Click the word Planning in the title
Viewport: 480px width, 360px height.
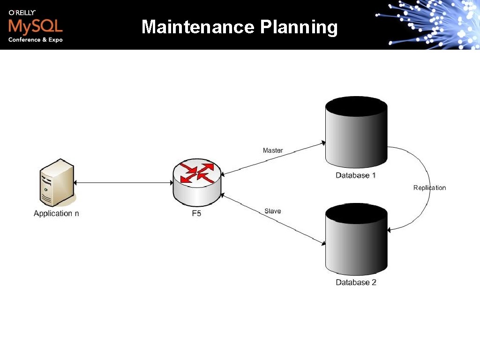[x=299, y=28]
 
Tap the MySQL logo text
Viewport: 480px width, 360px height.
[x=35, y=25]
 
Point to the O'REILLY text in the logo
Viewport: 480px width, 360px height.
[x=22, y=13]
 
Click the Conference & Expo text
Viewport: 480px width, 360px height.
[x=35, y=40]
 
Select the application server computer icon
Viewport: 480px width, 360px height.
[x=57, y=183]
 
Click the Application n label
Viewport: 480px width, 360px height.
[x=56, y=213]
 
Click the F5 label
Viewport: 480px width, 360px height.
[x=197, y=214]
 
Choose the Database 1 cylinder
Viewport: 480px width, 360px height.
[x=356, y=134]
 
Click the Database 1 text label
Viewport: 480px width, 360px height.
[x=356, y=175]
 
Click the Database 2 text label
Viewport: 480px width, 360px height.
[x=356, y=282]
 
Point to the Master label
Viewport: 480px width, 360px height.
[x=273, y=150]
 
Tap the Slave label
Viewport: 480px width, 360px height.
[x=272, y=211]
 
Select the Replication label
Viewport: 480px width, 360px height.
[x=429, y=187]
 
